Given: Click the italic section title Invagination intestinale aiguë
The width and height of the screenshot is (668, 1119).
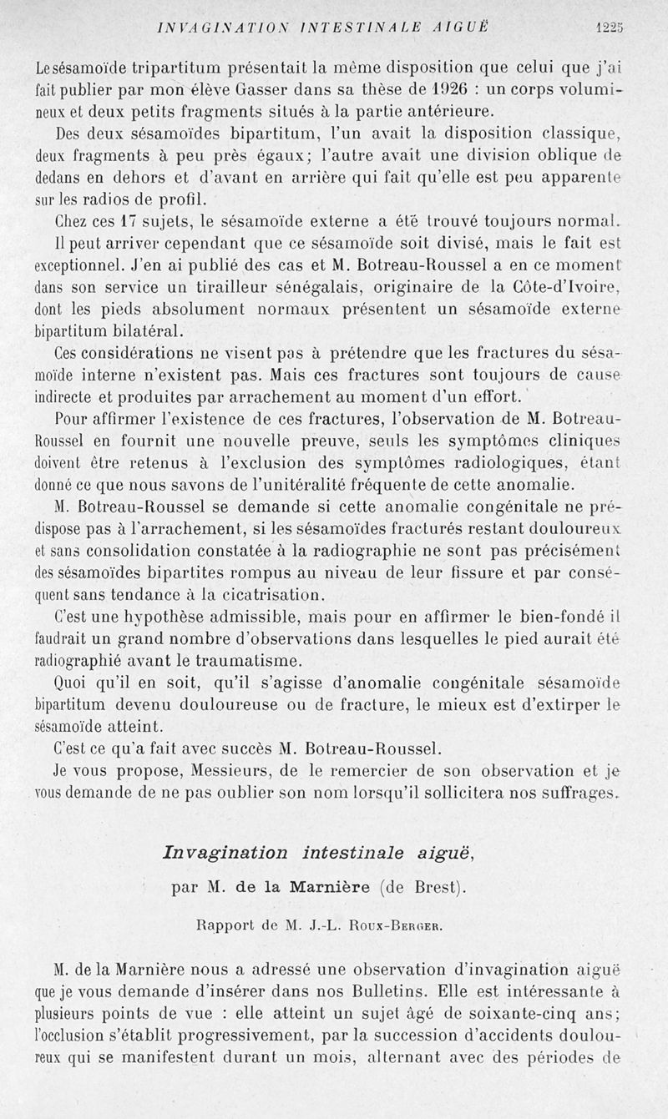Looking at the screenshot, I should coord(319,852).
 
